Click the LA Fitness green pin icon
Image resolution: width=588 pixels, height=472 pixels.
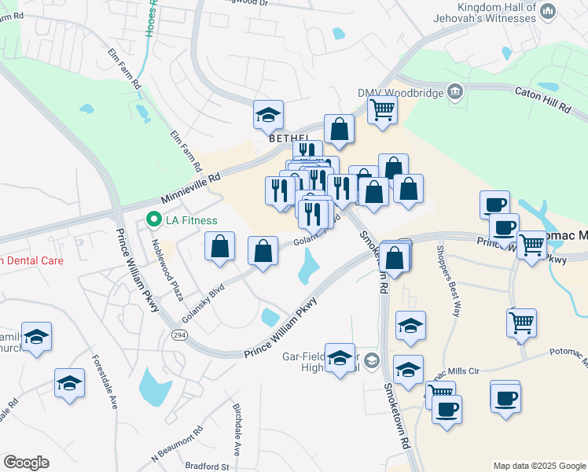click(154, 219)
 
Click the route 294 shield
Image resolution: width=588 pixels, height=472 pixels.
click(179, 334)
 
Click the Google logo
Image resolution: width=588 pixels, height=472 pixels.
click(26, 463)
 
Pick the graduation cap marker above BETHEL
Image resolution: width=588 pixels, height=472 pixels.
click(268, 115)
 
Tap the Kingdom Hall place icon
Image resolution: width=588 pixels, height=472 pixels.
click(549, 10)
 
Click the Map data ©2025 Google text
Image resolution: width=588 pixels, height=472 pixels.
click(539, 466)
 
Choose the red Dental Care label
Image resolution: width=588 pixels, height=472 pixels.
click(31, 260)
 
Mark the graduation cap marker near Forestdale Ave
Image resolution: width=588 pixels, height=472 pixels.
click(69, 383)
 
